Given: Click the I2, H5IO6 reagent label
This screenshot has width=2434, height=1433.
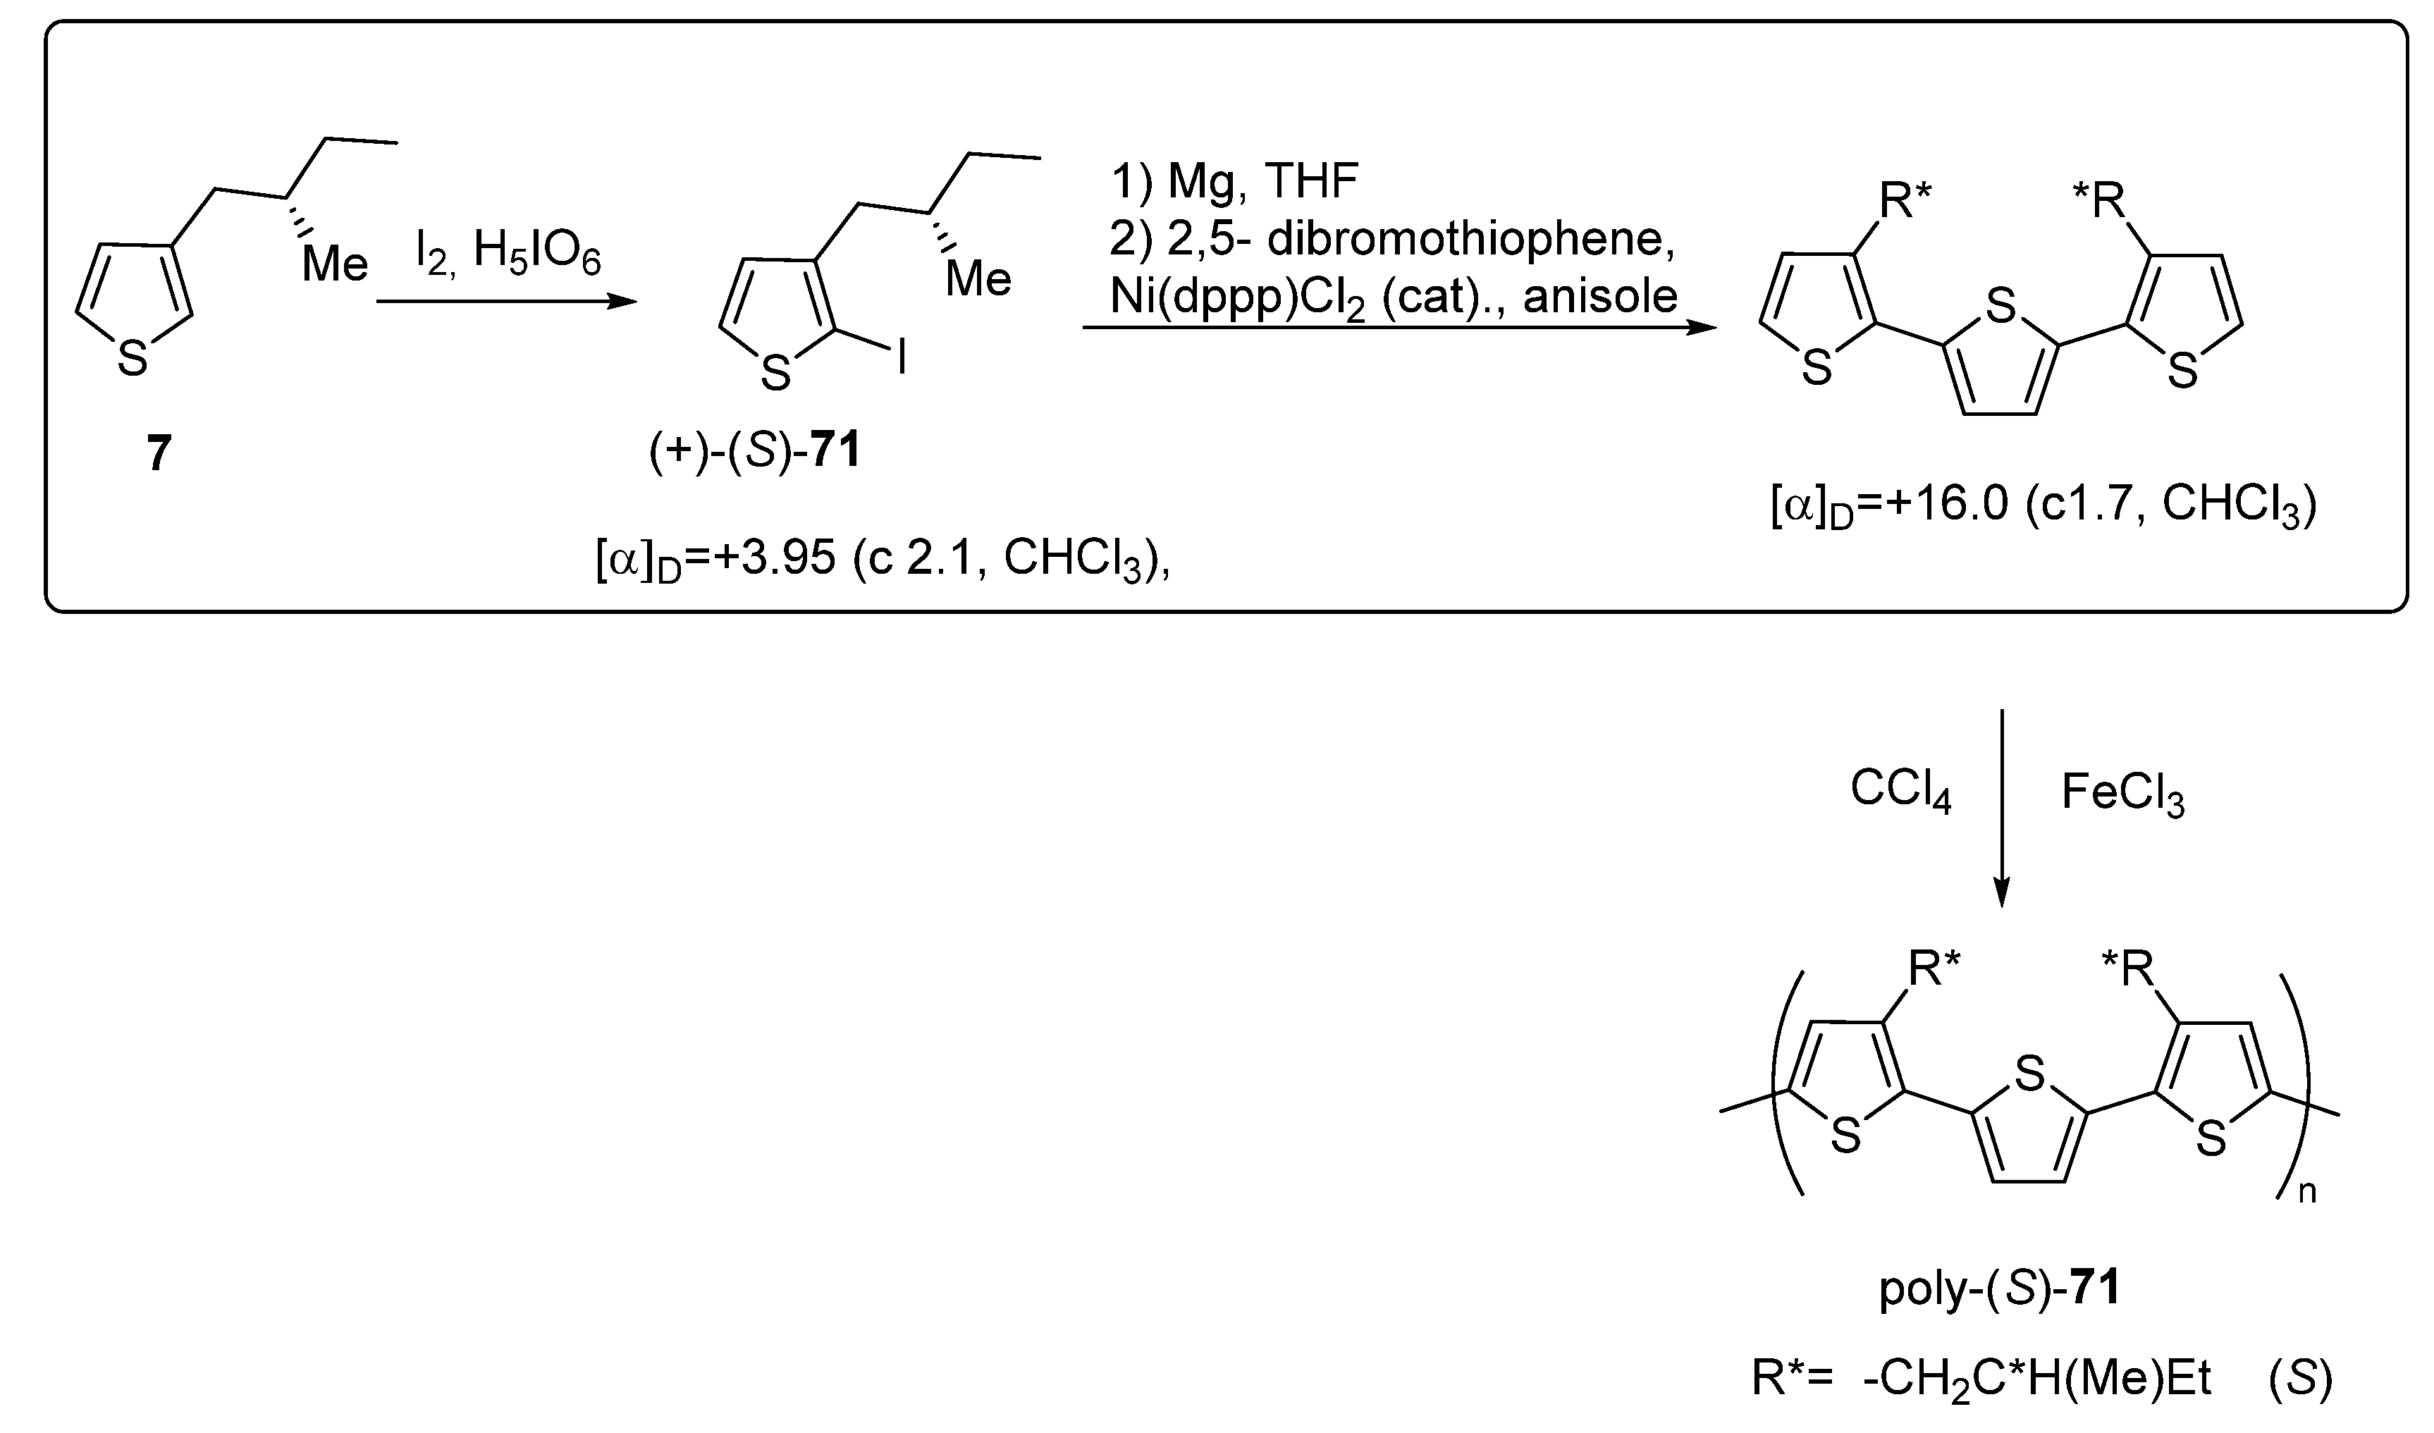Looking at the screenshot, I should (508, 255).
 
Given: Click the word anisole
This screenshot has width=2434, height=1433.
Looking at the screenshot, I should (1600, 295).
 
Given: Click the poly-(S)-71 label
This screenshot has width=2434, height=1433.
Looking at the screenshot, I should (1998, 1289).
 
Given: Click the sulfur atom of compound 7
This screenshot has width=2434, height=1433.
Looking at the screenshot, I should (133, 360).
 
